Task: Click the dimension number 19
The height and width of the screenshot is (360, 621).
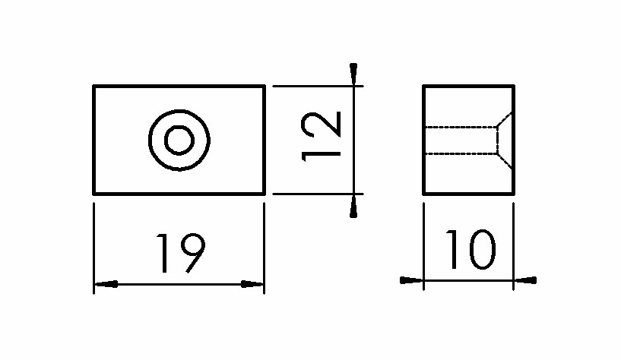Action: pyautogui.click(x=181, y=254)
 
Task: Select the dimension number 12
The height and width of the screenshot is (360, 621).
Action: pyautogui.click(x=321, y=137)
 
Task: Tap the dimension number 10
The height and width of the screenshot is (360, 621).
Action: pyautogui.click(x=471, y=250)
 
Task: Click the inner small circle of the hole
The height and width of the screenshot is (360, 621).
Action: pyautogui.click(x=179, y=140)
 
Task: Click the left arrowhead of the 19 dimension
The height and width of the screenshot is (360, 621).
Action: pyautogui.click(x=106, y=284)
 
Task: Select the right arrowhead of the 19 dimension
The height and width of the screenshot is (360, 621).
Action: pyautogui.click(x=252, y=284)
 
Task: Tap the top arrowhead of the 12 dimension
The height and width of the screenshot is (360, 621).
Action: pyautogui.click(x=353, y=74)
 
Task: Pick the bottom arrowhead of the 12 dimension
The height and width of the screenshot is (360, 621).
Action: pyautogui.click(x=353, y=206)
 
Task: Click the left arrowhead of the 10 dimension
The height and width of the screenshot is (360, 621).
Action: pyautogui.click(x=411, y=280)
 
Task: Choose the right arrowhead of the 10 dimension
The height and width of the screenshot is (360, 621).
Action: pyautogui.click(x=525, y=280)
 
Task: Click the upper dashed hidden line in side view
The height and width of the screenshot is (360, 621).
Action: pyautogui.click(x=461, y=127)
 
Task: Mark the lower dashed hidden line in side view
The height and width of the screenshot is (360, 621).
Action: pyautogui.click(x=461, y=153)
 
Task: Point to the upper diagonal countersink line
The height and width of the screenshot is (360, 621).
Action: pyautogui.click(x=505, y=120)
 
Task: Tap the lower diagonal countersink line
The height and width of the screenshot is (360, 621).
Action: pyautogui.click(x=505, y=160)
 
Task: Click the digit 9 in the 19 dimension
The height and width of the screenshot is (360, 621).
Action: pyautogui.click(x=193, y=254)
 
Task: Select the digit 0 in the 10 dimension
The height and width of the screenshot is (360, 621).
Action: pyautogui.click(x=482, y=250)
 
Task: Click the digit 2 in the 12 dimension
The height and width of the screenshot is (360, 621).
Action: pyautogui.click(x=321, y=125)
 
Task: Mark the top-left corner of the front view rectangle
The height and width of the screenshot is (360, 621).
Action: pyautogui.click(x=93, y=86)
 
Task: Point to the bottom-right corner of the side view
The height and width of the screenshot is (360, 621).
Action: pyautogui.click(x=514, y=194)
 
